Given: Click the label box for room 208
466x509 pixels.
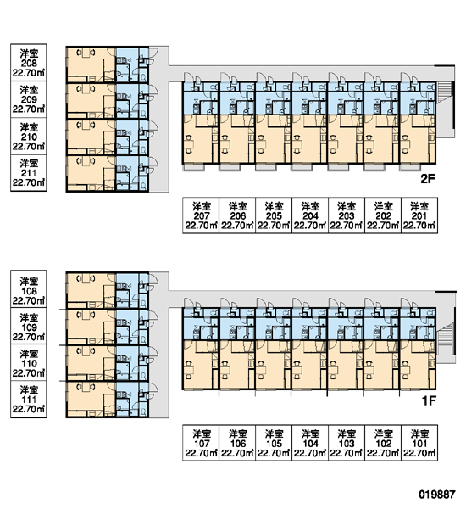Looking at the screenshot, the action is (x=29, y=62).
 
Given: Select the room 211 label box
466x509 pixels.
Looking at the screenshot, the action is (x=29, y=173).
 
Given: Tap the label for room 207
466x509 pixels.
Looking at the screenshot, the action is (x=201, y=215).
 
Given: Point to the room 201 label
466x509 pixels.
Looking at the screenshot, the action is (x=419, y=215).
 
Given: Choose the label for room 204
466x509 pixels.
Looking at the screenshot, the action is (x=310, y=215).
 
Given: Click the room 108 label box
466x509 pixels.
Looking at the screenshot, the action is (x=29, y=289).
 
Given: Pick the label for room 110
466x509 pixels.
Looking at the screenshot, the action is (x=29, y=362).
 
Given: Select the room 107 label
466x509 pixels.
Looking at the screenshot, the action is (x=201, y=443).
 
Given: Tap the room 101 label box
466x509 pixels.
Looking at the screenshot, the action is (x=419, y=443).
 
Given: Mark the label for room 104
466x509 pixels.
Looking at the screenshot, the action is (x=310, y=443).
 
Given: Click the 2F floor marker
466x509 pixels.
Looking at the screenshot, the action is (x=427, y=178).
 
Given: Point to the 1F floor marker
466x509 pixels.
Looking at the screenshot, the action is (x=429, y=401).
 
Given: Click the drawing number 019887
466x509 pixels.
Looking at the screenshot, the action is (x=437, y=495).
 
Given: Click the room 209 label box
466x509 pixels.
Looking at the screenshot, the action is (x=29, y=99).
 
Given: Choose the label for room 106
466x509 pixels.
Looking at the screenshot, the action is (x=237, y=443).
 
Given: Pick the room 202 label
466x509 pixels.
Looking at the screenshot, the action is (x=383, y=215).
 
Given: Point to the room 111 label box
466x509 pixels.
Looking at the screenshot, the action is (x=29, y=400).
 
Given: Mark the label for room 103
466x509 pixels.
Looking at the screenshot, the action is (x=347, y=443).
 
